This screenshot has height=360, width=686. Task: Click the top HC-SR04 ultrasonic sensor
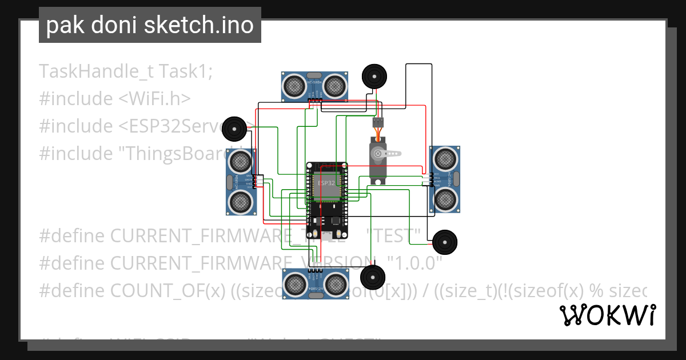click(x=314, y=86)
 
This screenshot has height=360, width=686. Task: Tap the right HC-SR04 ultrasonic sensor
click(x=445, y=179)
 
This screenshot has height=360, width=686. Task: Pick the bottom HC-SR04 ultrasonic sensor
click(x=314, y=283)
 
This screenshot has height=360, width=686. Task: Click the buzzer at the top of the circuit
click(x=374, y=76)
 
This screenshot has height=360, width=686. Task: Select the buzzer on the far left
click(x=234, y=129)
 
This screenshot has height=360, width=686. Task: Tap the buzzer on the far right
click(x=445, y=243)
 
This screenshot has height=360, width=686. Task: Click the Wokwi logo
click(x=607, y=315)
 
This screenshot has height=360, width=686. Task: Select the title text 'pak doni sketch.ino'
click(x=150, y=25)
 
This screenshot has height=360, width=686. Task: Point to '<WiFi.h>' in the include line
click(x=154, y=99)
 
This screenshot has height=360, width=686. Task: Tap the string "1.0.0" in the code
click(x=415, y=263)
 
